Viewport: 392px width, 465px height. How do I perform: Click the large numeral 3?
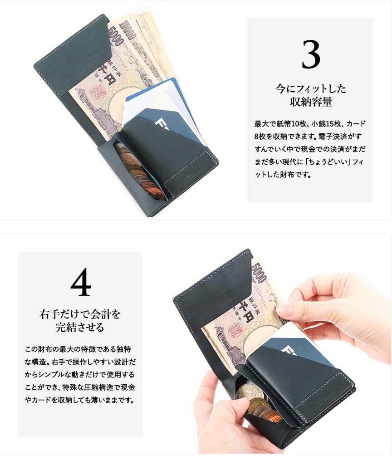[x=311, y=54]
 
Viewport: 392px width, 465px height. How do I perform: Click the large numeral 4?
[x=81, y=282]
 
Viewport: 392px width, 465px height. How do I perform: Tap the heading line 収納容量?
[x=311, y=102]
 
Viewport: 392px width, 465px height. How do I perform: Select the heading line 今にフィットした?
[x=311, y=88]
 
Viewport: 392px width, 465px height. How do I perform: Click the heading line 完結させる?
[x=80, y=327]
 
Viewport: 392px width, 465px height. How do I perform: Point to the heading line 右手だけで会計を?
[x=80, y=314]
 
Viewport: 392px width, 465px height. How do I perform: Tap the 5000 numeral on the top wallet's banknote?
[x=116, y=35]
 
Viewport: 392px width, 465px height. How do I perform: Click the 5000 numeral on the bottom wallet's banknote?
[x=259, y=273]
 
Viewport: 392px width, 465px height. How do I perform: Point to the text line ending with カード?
[x=310, y=124]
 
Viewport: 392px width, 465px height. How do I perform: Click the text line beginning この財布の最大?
[x=78, y=349]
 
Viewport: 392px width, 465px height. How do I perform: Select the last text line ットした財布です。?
[x=284, y=174]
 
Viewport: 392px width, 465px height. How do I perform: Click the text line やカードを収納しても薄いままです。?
[x=80, y=400]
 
